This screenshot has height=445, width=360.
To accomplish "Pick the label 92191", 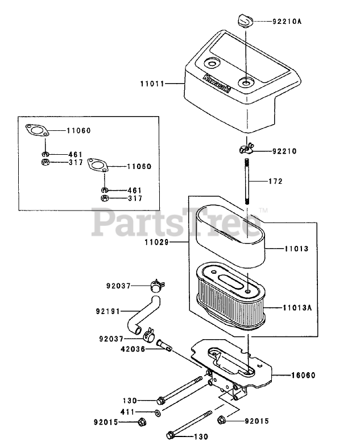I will [x=107, y=311].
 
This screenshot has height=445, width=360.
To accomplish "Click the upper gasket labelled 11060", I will [x=39, y=131].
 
